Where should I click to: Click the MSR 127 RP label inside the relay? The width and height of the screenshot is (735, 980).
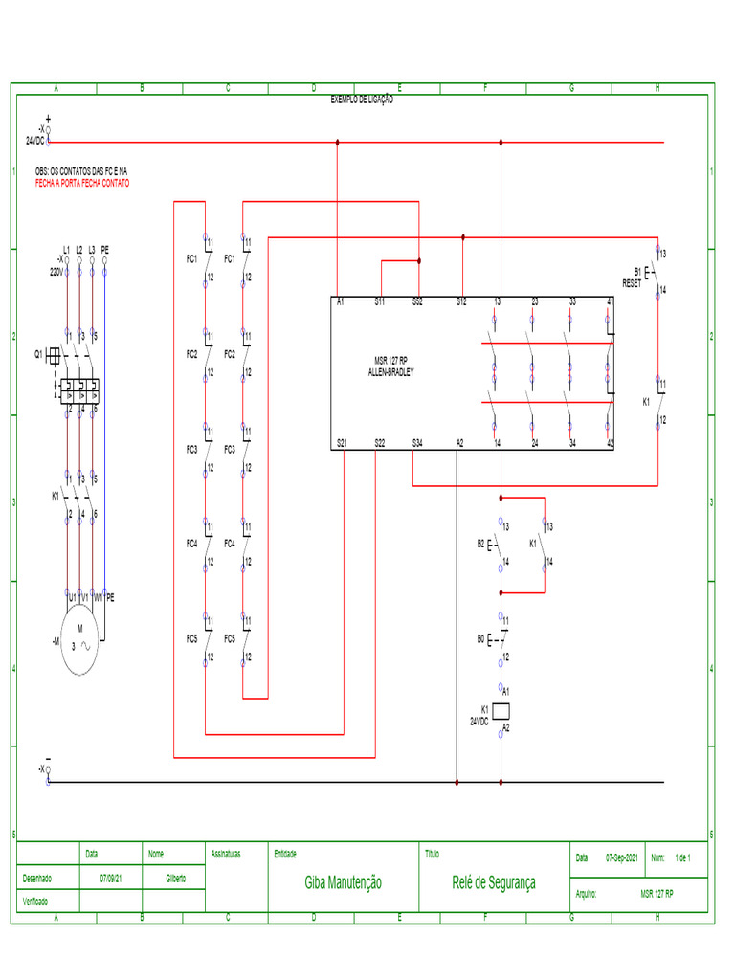[390, 362]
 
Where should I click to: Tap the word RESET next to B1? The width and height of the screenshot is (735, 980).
[632, 283]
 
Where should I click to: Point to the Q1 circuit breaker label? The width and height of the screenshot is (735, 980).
[39, 354]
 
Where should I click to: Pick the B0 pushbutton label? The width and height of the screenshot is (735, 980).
[480, 638]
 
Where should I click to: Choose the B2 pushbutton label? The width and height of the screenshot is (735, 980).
[480, 544]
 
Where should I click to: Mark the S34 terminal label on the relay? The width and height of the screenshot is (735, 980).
[417, 443]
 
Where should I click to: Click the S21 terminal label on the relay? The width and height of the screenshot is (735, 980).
[343, 443]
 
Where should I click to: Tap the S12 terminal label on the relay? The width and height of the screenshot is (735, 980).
[461, 302]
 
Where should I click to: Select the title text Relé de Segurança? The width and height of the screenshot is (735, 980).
[494, 882]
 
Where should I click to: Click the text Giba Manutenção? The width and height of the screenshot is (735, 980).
[343, 882]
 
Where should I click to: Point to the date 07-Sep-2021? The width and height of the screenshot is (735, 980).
[622, 858]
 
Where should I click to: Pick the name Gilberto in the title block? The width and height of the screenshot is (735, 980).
[176, 878]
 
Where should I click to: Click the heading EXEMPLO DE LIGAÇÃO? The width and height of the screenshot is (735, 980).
[362, 100]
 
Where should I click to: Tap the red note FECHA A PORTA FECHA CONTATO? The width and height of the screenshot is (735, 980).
[82, 183]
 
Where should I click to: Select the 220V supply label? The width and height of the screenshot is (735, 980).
[56, 272]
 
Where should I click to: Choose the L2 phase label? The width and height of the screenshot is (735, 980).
[79, 250]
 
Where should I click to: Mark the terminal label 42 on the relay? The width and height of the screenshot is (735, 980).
[610, 443]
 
